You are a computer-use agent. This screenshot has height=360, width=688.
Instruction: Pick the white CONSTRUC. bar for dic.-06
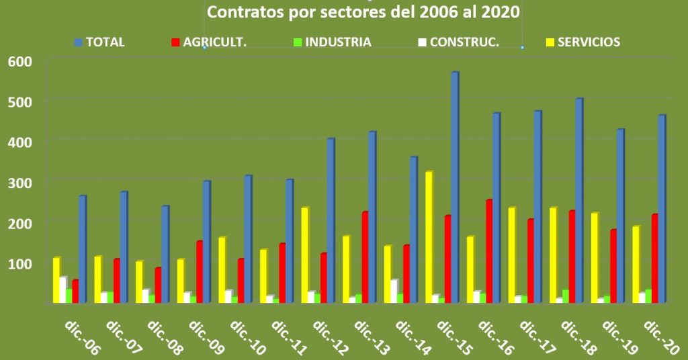[x=62, y=289]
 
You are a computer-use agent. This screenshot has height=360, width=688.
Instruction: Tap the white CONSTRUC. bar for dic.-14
[x=394, y=291]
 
